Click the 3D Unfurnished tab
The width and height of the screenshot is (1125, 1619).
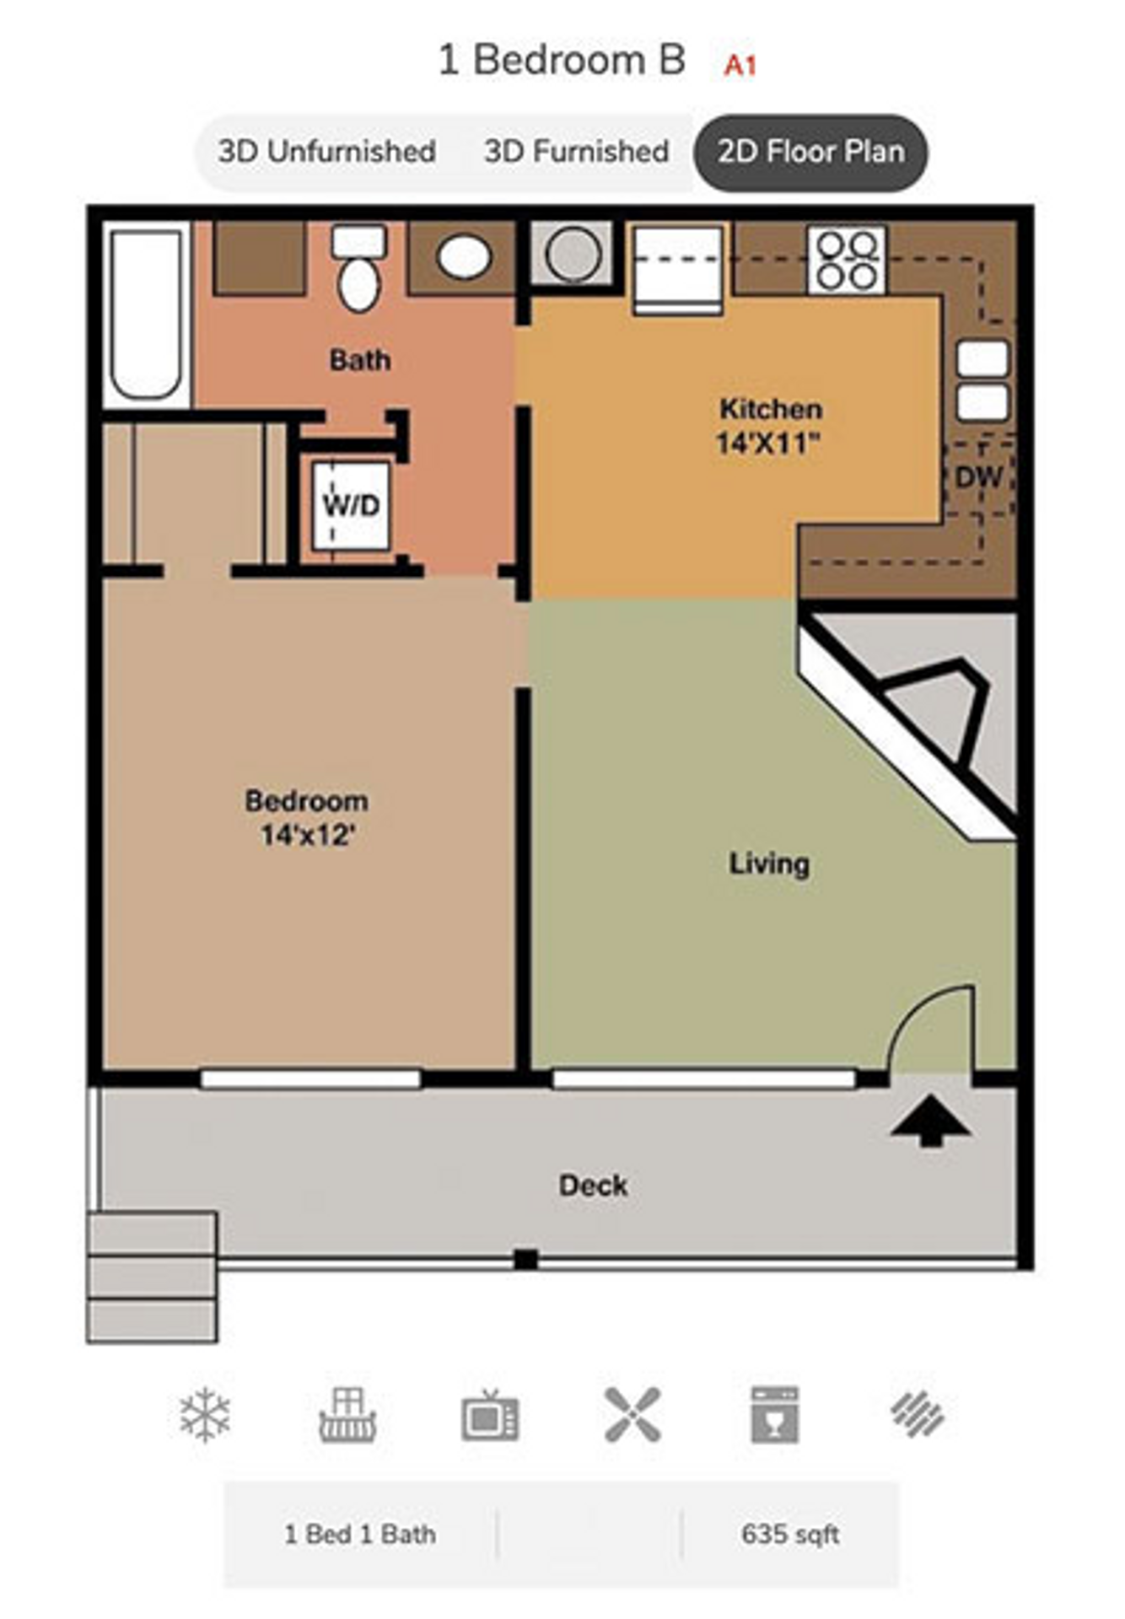click(326, 152)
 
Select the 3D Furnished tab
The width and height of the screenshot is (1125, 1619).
click(576, 152)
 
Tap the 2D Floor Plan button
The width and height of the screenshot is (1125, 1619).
click(810, 152)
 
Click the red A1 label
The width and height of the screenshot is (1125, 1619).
click(740, 66)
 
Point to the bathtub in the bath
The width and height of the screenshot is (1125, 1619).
click(146, 314)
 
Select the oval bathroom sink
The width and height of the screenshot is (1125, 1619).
click(465, 256)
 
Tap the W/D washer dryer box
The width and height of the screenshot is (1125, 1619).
click(351, 506)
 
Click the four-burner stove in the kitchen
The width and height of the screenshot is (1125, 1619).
click(847, 259)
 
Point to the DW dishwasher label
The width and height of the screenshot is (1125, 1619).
click(978, 477)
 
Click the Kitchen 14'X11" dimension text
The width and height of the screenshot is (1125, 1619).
click(768, 442)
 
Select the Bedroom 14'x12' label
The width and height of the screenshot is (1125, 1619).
click(306, 818)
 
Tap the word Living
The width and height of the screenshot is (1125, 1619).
click(768, 863)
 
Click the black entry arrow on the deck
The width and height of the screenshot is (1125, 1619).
click(930, 1121)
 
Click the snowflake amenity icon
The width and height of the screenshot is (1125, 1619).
click(205, 1415)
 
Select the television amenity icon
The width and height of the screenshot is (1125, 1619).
click(490, 1415)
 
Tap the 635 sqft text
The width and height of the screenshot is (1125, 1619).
click(790, 1534)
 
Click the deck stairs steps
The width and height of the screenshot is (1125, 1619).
click(153, 1277)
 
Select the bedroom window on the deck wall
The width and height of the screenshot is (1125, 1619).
click(310, 1078)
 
